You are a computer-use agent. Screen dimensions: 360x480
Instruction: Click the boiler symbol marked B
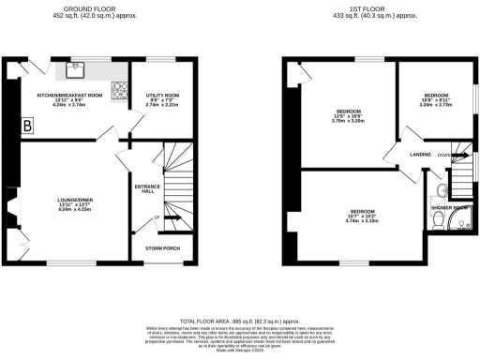[x=27, y=125]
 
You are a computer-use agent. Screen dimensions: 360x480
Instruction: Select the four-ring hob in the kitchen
[x=121, y=90]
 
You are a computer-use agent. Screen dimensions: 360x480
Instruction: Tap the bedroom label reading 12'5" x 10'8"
[x=343, y=116]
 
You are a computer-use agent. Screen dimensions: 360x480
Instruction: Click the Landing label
[x=420, y=156]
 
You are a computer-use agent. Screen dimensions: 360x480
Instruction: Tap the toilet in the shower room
[x=437, y=219]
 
